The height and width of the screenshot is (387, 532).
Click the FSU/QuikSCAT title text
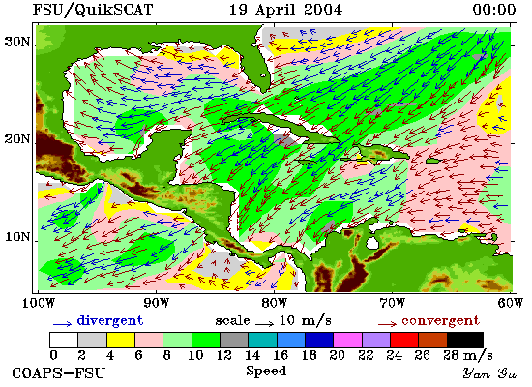[x=93, y=10]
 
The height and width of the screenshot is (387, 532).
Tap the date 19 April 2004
[x=285, y=10]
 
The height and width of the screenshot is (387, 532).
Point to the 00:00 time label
[x=494, y=10]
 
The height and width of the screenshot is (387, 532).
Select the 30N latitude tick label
[x=17, y=43]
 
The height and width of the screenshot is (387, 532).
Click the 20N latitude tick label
[x=17, y=139]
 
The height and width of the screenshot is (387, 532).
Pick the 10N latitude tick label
[x=17, y=237]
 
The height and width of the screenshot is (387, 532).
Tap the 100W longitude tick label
[x=39, y=303]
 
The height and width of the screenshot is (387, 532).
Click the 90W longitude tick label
[x=157, y=303]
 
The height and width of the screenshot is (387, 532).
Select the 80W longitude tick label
[x=274, y=303]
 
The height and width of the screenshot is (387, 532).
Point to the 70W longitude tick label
[x=392, y=303]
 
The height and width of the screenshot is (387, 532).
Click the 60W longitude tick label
[x=511, y=303]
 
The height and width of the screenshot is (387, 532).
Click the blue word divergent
[x=110, y=321]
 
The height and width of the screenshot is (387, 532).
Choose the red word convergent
[x=441, y=321]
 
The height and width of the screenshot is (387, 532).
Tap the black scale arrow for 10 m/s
[x=264, y=324]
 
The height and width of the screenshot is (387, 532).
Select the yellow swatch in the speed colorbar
[x=121, y=340]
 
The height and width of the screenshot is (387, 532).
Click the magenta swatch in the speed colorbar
[x=347, y=340]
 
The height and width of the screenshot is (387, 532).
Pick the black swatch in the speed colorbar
[x=465, y=340]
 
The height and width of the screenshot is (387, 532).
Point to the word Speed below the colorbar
[x=266, y=372]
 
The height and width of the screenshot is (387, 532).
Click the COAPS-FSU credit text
[x=58, y=373]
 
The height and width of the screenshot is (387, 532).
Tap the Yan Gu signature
[x=490, y=373]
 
